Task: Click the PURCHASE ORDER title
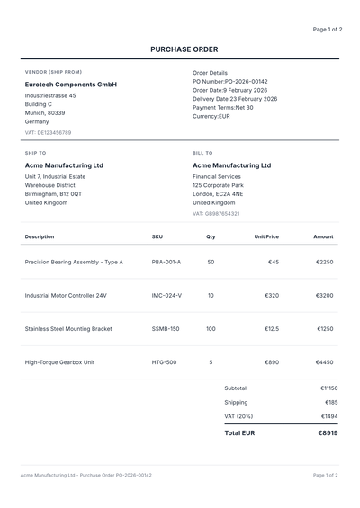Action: (184, 49)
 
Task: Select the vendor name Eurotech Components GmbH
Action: (71, 85)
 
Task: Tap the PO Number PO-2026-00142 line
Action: (230, 81)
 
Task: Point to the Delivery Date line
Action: (235, 99)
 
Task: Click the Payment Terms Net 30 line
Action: (222, 107)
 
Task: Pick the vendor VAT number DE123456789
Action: (48, 132)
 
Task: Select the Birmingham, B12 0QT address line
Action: (53, 193)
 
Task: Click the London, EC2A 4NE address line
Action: (218, 193)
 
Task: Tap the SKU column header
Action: (157, 236)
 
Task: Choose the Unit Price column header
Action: (266, 236)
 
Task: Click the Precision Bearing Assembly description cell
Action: (74, 263)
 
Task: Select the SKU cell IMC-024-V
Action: (166, 295)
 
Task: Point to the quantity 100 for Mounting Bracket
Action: (211, 329)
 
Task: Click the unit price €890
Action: (269, 362)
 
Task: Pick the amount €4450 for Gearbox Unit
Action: (324, 362)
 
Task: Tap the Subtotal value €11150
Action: (328, 388)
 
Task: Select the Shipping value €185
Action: (331, 402)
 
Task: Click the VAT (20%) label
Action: (238, 416)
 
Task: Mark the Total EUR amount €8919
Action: (328, 432)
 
